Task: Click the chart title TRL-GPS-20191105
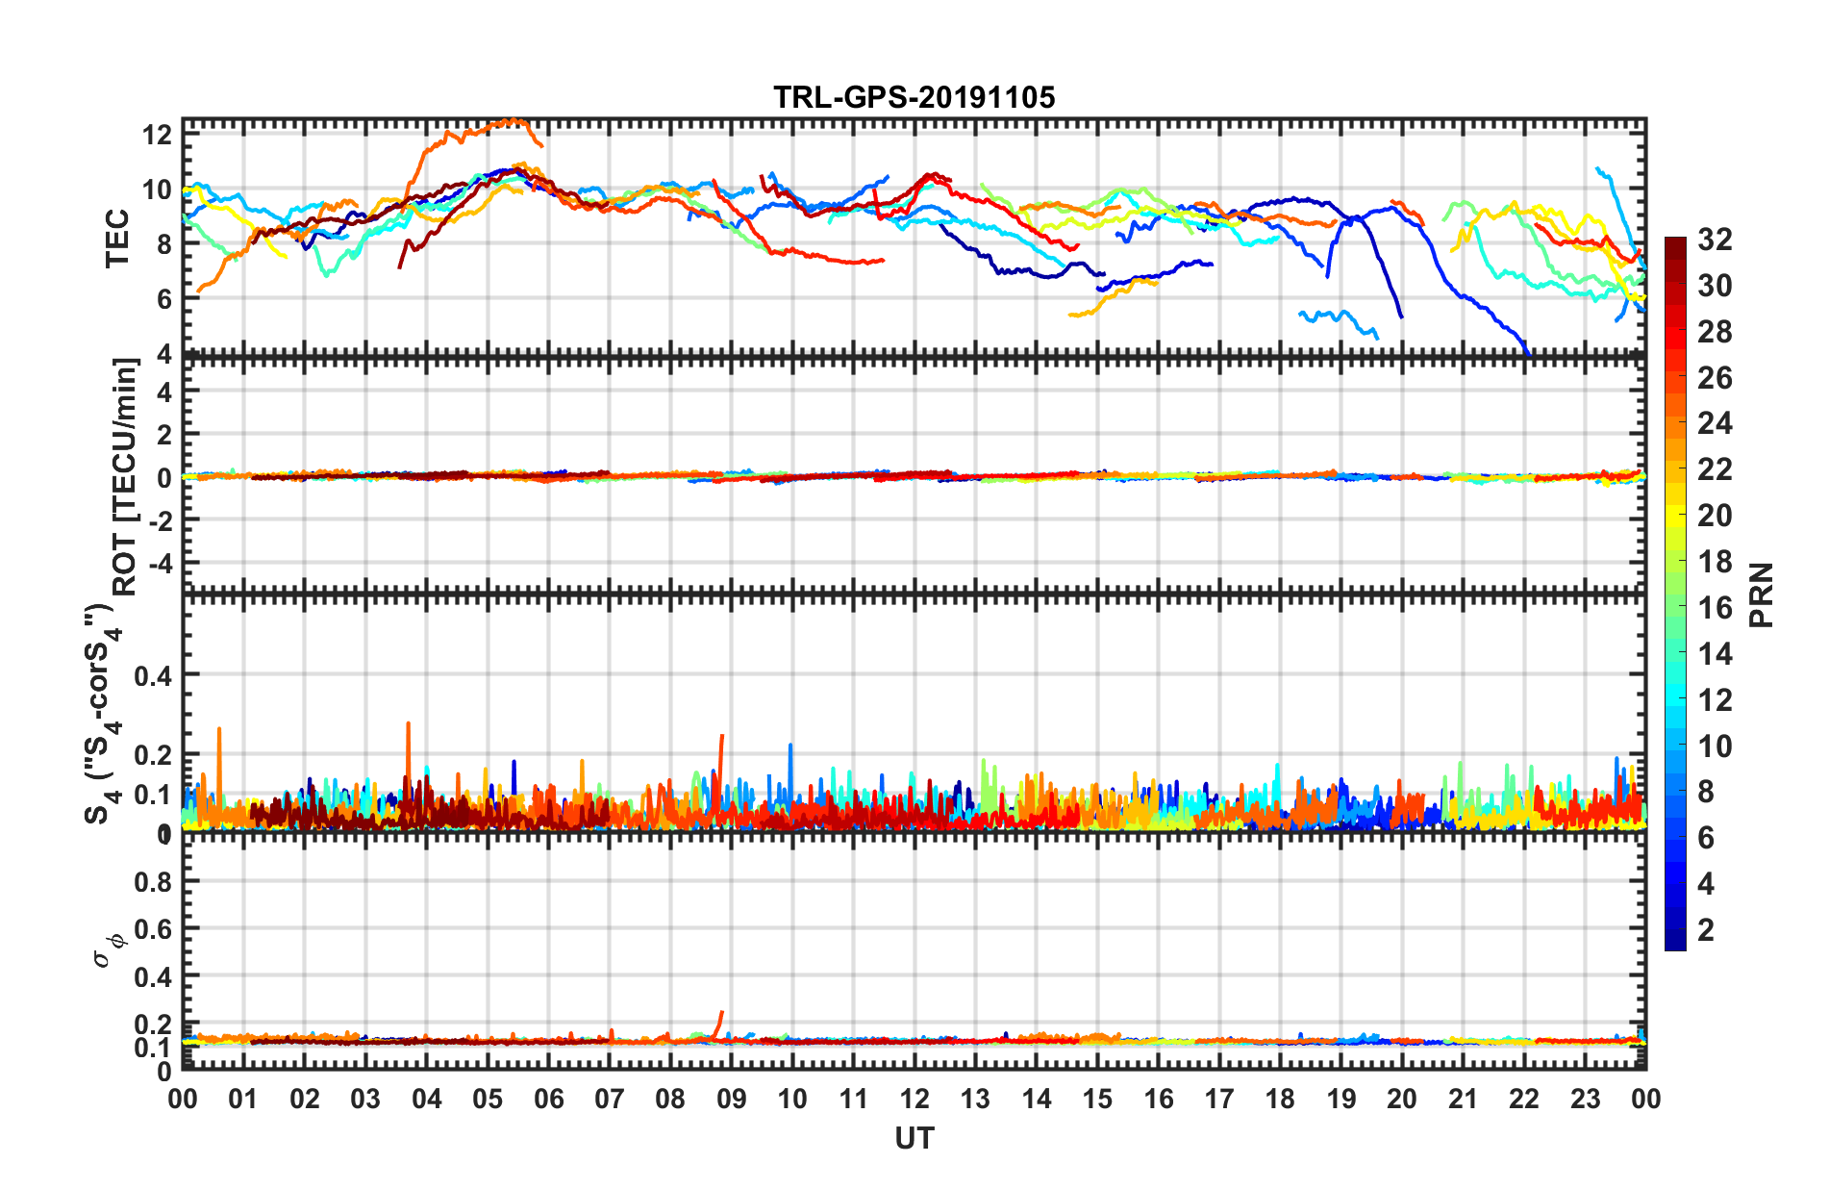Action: (x=914, y=97)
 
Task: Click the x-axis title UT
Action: (x=914, y=1139)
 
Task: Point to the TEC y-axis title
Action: (x=117, y=238)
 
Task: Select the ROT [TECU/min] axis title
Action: (x=125, y=476)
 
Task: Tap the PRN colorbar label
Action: (x=1762, y=594)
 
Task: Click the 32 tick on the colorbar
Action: (x=1715, y=240)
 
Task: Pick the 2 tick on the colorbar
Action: (x=1706, y=929)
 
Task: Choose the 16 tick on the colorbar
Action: (x=1715, y=608)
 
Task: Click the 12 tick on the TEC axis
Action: (x=157, y=135)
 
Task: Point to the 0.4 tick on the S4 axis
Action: (x=153, y=675)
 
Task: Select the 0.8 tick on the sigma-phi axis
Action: (x=153, y=881)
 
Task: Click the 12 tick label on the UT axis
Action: (x=914, y=1099)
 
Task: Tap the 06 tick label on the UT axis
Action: (x=548, y=1099)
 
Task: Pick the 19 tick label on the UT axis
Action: (x=1340, y=1099)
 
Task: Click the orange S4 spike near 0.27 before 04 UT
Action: (x=408, y=724)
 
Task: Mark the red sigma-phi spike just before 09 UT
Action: (x=720, y=1013)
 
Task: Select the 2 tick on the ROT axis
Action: (x=164, y=434)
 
